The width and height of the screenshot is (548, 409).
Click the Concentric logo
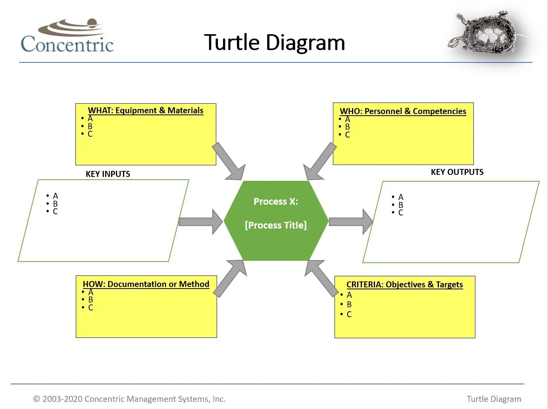point(67,37)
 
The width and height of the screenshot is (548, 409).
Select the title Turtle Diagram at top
point(274,43)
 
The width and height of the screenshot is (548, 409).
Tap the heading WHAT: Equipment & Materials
point(146,110)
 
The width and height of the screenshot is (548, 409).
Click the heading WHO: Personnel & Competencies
point(403,111)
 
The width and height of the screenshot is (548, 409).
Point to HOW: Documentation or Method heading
point(146,284)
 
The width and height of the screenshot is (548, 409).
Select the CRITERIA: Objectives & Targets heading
point(404,285)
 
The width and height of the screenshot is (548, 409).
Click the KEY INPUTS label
point(108,174)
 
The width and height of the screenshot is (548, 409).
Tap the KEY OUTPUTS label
point(457,172)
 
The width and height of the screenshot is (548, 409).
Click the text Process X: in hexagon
point(276,202)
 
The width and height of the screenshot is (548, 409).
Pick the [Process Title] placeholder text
point(276,225)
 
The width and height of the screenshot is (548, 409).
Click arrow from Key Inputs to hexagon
point(201,221)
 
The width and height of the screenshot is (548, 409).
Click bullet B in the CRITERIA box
point(349,304)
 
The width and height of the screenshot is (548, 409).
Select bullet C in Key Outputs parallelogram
point(401,213)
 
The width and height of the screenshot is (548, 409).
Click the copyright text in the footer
point(129,399)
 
